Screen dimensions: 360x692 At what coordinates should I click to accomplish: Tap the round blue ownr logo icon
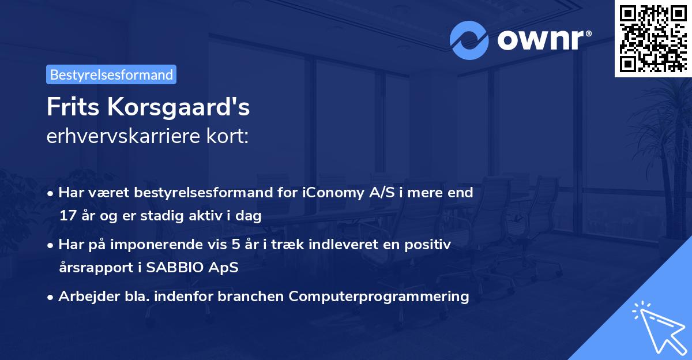point(469,40)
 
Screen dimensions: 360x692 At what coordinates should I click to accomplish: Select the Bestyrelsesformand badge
point(111,74)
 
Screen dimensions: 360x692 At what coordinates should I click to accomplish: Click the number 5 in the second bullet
point(235,245)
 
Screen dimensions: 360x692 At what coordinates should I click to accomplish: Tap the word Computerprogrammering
point(379,297)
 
